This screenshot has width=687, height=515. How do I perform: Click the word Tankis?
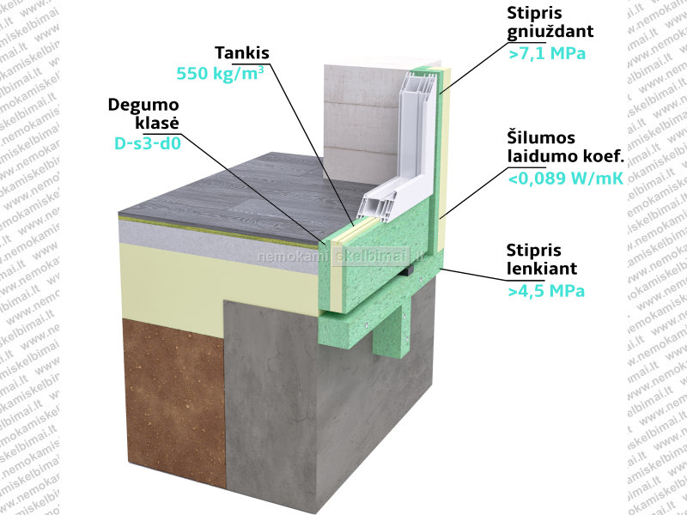pos(242,53)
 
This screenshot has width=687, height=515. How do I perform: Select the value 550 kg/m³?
pos(220,73)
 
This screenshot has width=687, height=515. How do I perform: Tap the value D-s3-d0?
pos(148,143)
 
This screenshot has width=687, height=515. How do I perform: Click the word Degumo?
pos(143,105)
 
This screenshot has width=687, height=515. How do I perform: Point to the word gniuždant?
pos(550,32)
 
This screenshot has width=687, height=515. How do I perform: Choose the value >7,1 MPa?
pos(547,53)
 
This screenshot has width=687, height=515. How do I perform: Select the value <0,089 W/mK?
pos(566,179)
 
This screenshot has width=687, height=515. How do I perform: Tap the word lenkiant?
pos(542,269)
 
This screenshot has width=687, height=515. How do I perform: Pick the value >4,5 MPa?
pos(546,291)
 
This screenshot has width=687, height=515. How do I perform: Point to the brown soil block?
pos(174,403)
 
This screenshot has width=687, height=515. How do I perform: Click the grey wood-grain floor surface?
pos(246,197)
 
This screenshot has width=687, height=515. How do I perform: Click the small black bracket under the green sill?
pos(407,270)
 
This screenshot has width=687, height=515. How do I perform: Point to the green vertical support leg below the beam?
pos(391,332)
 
